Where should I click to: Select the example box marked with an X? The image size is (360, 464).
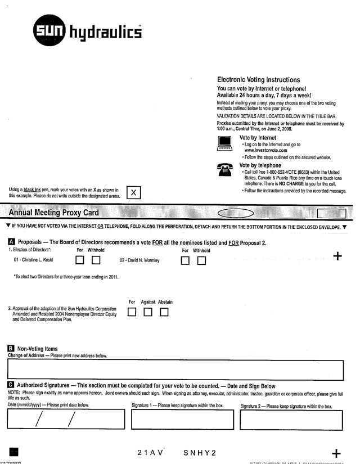tap(133, 192)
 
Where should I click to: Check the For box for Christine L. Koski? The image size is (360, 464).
tap(80, 260)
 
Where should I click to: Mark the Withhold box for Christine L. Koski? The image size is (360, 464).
tap(96, 260)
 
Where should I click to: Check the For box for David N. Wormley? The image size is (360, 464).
tap(185, 260)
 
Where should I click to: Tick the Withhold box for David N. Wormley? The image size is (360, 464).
tap(201, 260)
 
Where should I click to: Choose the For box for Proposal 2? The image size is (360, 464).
tap(132, 312)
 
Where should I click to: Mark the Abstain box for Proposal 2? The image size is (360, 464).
tap(164, 312)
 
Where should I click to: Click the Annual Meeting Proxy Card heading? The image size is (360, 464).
tap(54, 213)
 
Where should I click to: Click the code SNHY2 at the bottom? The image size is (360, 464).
tap(200, 453)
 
